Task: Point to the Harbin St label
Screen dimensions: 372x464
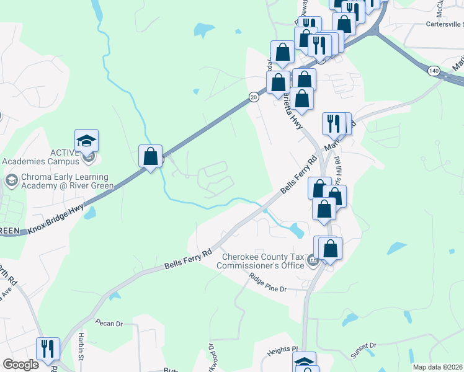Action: [81, 348]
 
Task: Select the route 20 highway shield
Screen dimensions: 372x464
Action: [254, 97]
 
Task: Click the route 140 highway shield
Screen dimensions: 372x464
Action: [433, 72]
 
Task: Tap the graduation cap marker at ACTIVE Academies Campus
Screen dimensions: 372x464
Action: [87, 141]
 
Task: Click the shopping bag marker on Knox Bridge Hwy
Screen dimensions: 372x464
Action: [150, 157]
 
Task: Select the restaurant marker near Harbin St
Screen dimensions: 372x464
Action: [48, 349]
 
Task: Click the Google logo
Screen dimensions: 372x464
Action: [20, 365]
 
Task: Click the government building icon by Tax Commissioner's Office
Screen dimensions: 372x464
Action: [313, 262]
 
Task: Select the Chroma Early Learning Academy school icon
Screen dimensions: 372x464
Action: [10, 180]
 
